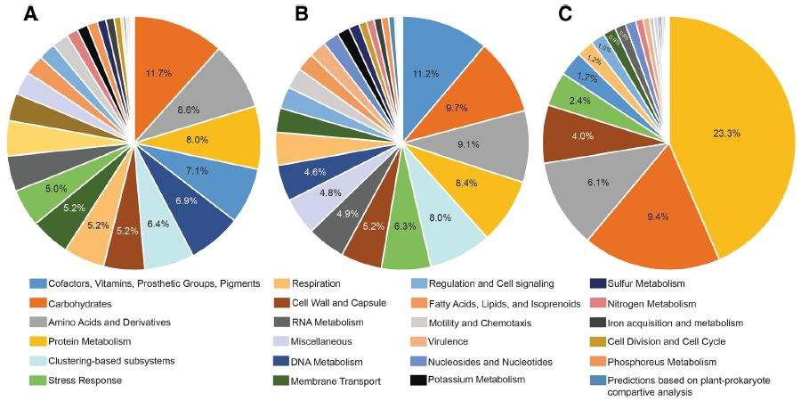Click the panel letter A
click(32, 14)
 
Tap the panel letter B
click(302, 14)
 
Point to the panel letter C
click(565, 14)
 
